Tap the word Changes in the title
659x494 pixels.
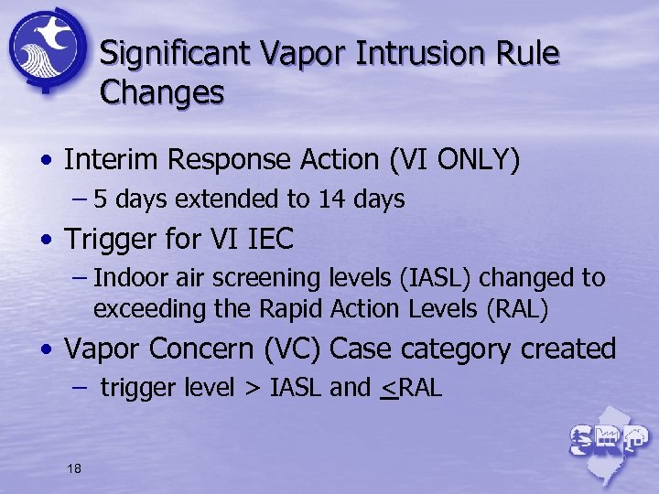click(x=161, y=93)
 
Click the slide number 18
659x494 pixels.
click(x=74, y=468)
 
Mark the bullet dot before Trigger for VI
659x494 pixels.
click(x=46, y=241)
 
